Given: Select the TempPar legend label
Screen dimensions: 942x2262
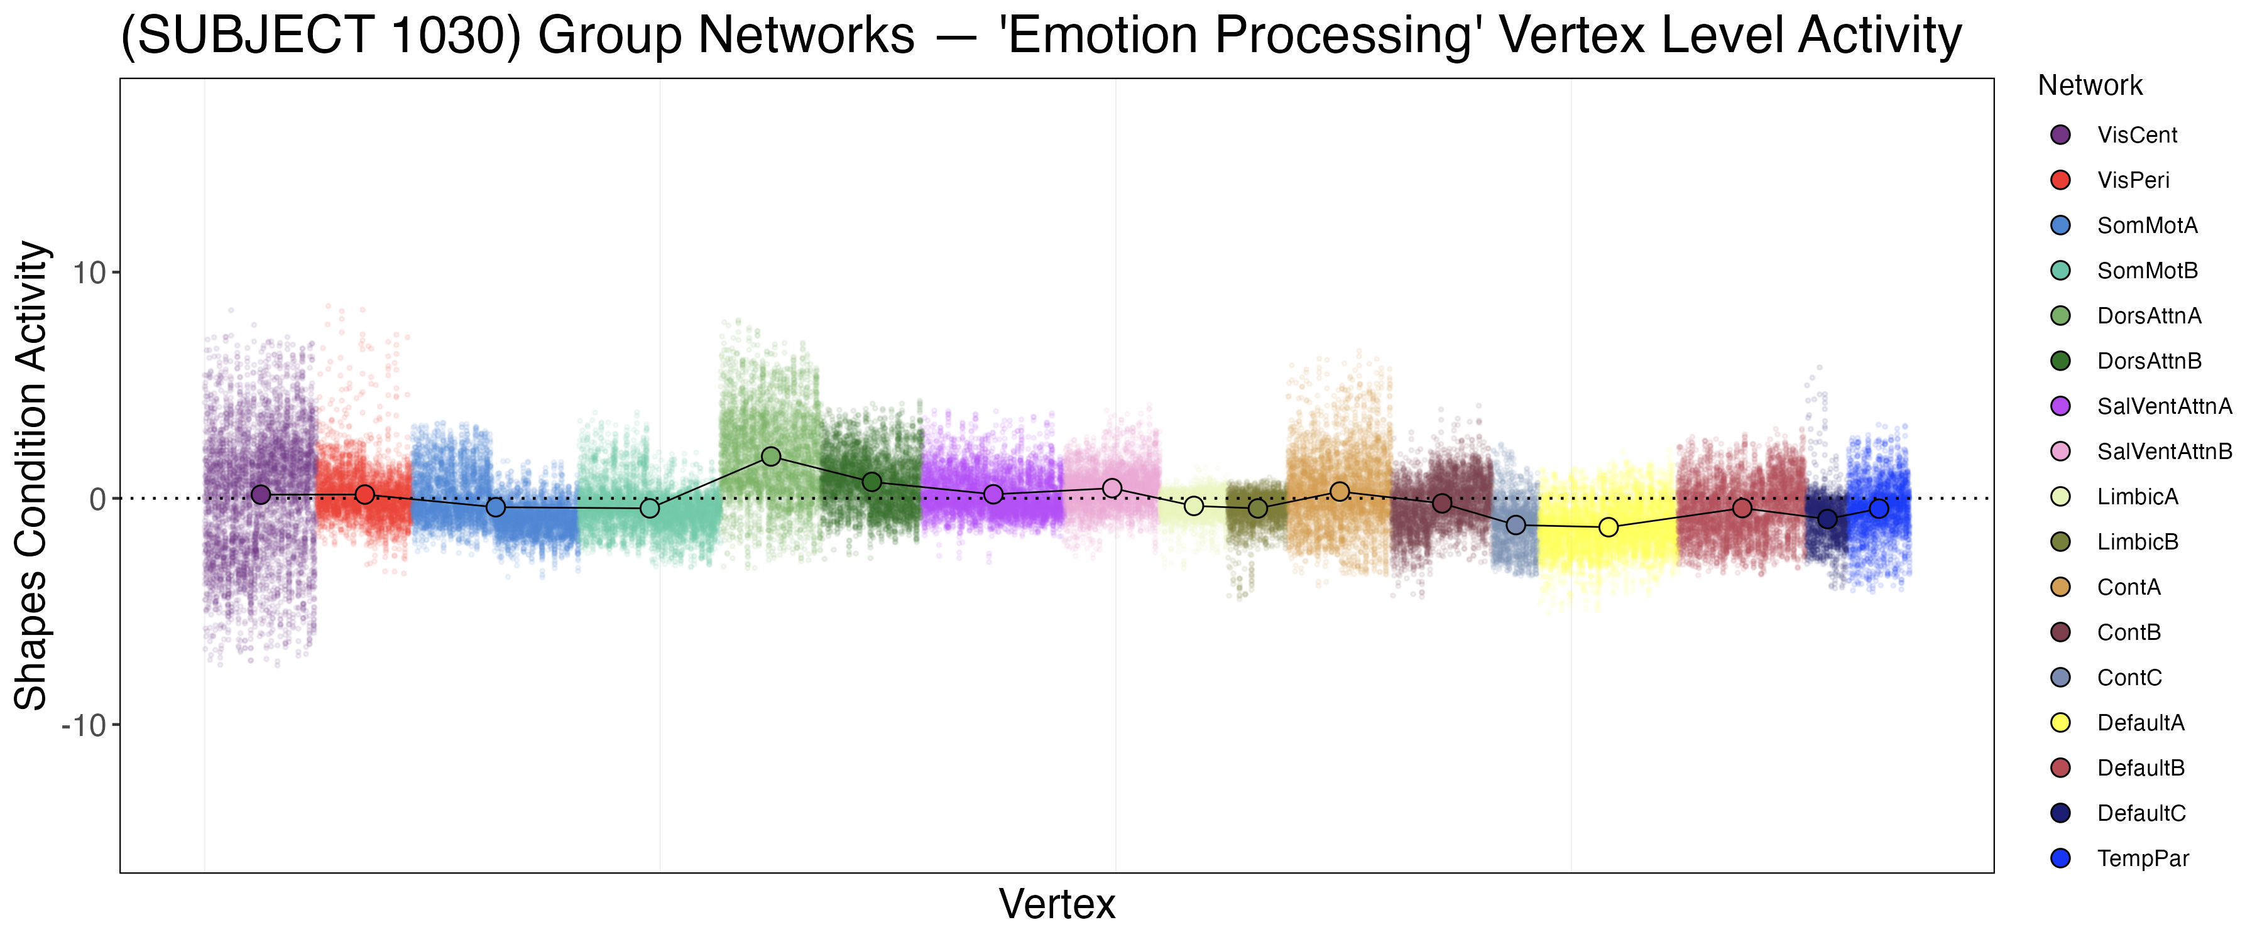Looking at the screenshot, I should (x=2143, y=858).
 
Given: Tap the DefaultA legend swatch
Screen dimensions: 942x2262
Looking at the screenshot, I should (x=2060, y=723).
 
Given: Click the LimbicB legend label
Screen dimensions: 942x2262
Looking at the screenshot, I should (x=2138, y=542).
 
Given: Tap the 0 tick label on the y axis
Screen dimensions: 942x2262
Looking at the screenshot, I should (x=97, y=499).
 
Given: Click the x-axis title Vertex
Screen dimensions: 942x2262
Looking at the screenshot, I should (x=1057, y=904).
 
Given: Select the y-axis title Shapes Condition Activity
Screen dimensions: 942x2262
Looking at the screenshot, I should (x=31, y=475).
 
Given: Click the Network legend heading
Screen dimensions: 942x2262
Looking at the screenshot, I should (x=2090, y=85).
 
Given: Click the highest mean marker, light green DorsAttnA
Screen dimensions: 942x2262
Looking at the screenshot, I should (x=771, y=457).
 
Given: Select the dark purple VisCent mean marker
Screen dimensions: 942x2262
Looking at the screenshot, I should (x=261, y=495).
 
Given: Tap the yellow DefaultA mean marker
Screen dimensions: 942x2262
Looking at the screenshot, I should (x=1608, y=528).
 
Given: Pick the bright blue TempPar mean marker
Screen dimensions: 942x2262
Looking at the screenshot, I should (x=1878, y=508).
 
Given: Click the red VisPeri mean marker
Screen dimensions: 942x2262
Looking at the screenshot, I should (x=364, y=495).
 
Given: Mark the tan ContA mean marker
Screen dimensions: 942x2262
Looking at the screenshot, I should (x=1339, y=492).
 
